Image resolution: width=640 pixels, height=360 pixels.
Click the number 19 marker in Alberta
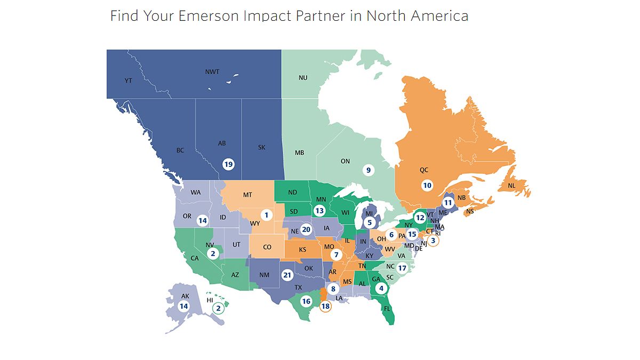pyautogui.click(x=228, y=164)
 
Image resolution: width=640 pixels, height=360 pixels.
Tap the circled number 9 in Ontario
pyautogui.click(x=367, y=170)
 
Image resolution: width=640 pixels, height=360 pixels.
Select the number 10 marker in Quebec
pyautogui.click(x=427, y=186)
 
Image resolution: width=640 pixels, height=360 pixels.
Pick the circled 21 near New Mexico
pyautogui.click(x=287, y=275)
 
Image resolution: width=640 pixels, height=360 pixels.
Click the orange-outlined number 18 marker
pyautogui.click(x=325, y=306)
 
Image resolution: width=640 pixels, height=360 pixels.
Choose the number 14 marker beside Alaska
pyautogui.click(x=183, y=306)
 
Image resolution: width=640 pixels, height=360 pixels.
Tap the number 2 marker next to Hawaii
pyautogui.click(x=218, y=308)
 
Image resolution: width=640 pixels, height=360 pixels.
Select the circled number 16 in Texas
pyautogui.click(x=306, y=301)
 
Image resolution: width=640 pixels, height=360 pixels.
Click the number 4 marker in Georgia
pyautogui.click(x=380, y=288)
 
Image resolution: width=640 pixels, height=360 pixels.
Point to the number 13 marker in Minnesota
pyautogui.click(x=319, y=211)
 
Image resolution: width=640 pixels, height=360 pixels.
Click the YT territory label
pyautogui.click(x=128, y=81)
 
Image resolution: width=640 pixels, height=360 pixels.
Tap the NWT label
pyautogui.click(x=212, y=71)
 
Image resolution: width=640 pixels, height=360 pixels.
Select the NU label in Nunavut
pyautogui.click(x=303, y=78)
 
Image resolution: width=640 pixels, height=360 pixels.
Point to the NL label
pyautogui.click(x=511, y=186)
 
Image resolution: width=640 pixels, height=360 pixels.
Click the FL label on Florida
pyautogui.click(x=387, y=308)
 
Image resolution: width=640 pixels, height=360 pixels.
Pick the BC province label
pyautogui.click(x=180, y=150)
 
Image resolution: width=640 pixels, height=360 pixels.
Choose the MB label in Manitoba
pyautogui.click(x=299, y=153)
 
